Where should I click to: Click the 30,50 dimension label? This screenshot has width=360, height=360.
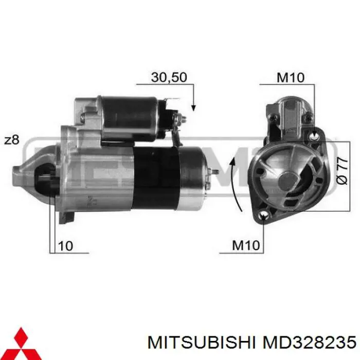click(x=169, y=77)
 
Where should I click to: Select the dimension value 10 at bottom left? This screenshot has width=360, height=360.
click(x=65, y=246)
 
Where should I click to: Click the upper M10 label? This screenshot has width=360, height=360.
click(x=291, y=77)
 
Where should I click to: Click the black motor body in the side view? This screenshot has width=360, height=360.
click(x=155, y=175)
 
